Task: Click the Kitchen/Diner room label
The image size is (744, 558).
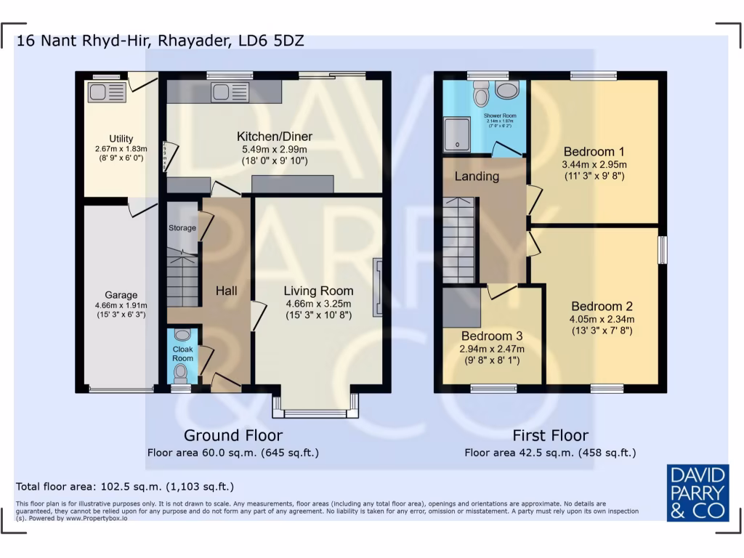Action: point(275,137)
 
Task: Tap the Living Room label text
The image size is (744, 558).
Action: point(318,291)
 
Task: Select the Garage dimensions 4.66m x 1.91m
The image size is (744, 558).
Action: point(121,305)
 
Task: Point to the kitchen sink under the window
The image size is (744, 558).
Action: point(230,92)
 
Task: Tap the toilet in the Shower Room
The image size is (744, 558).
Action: point(480,94)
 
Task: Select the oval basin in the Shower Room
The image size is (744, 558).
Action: point(508,90)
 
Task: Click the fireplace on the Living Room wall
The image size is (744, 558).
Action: point(377,288)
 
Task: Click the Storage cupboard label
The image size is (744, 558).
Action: point(182,228)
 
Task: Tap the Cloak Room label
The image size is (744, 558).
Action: point(182,354)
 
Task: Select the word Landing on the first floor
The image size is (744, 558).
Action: point(477,177)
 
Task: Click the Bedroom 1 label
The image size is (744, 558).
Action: point(594,152)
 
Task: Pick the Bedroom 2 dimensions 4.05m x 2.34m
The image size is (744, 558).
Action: point(602,318)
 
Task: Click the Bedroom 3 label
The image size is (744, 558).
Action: point(492,336)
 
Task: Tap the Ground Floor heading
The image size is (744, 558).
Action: point(232,435)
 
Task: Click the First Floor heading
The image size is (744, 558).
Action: point(550,435)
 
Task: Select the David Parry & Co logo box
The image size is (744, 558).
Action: point(697,492)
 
